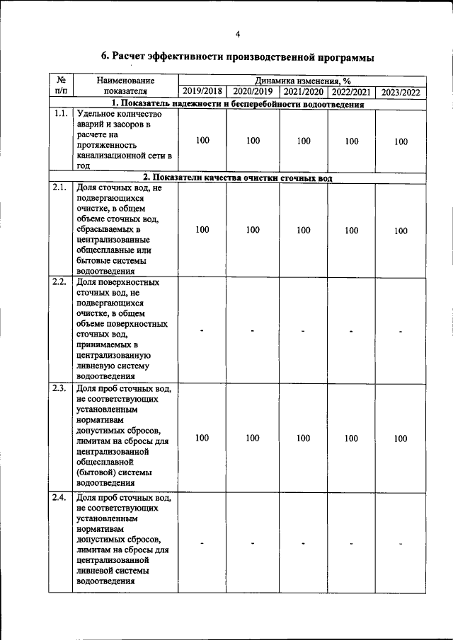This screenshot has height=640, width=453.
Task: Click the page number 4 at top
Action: point(238,34)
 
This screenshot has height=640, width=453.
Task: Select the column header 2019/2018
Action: point(202,91)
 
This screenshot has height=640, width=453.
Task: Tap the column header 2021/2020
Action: point(303,91)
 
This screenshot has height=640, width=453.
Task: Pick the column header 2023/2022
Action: point(401,92)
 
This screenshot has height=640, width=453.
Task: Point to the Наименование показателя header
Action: point(125,86)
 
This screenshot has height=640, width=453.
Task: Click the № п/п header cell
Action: point(61,86)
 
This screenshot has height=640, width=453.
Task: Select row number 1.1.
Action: point(60,115)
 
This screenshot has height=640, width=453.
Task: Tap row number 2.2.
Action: point(60,282)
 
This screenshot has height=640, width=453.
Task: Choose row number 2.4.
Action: point(60,498)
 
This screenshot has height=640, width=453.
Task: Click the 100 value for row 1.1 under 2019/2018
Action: point(202,141)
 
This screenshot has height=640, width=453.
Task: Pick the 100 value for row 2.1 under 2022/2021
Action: point(352,231)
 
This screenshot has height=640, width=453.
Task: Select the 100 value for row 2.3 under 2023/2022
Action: point(401,438)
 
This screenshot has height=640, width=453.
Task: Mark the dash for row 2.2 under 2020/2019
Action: point(253,331)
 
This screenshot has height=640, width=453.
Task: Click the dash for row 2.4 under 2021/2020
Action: point(303,543)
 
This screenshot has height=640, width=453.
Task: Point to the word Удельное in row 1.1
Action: point(96,115)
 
